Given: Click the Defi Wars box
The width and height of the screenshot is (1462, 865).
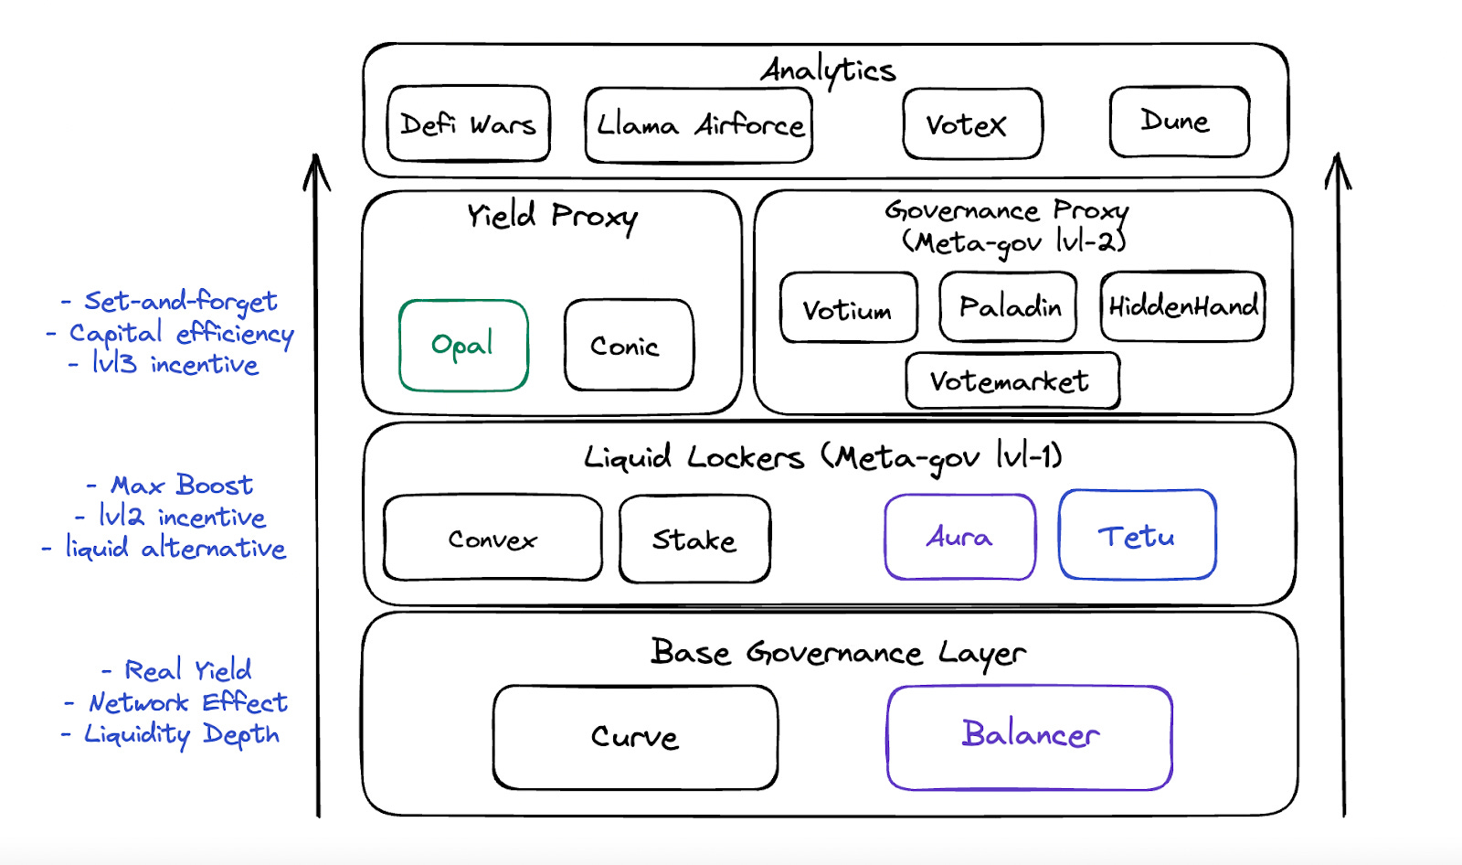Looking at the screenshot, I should [469, 124].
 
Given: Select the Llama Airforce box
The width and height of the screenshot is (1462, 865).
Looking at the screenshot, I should [699, 125].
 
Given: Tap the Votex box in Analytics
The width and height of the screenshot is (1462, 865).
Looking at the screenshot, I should [972, 124].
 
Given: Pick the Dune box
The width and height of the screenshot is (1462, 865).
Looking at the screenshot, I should [1179, 122].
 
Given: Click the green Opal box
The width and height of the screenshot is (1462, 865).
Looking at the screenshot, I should [463, 346].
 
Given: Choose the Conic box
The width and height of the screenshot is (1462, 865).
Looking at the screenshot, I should [629, 346].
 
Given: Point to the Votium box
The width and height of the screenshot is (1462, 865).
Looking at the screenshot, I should [849, 308].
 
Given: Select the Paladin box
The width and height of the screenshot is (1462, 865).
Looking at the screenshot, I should [1008, 306].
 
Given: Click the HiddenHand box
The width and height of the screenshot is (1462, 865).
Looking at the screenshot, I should [1182, 306].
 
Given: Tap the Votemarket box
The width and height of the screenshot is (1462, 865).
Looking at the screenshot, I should [1012, 380].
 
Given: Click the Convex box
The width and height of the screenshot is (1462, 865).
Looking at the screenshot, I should [493, 539].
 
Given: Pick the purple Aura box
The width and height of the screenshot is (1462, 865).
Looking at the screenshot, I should [959, 537].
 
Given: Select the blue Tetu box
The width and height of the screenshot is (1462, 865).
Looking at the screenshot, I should [1137, 536].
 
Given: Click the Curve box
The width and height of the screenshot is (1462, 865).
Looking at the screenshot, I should [635, 737].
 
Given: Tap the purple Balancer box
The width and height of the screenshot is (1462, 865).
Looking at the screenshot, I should [1030, 737].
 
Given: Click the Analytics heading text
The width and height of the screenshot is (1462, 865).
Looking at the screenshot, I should [828, 70].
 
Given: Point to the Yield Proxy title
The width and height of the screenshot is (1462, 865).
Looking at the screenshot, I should [552, 217].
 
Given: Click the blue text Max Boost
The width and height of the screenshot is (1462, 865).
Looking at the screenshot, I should [181, 485].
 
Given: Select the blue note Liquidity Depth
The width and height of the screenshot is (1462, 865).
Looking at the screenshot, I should [181, 734].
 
